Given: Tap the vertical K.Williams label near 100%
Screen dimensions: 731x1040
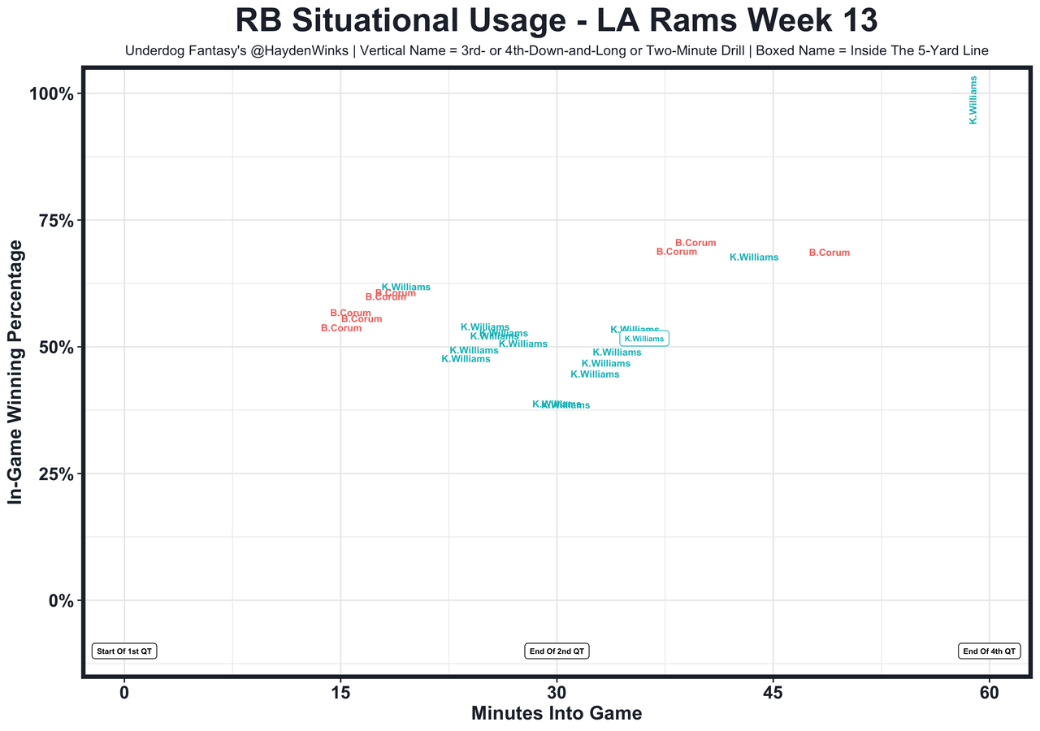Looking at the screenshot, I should pyautogui.click(x=973, y=100).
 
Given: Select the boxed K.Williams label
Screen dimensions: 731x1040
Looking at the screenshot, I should pyautogui.click(x=644, y=339).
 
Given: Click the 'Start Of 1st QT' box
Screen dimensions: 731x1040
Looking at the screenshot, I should pyautogui.click(x=124, y=651).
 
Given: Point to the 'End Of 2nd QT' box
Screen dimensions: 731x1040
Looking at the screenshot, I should pyautogui.click(x=557, y=651).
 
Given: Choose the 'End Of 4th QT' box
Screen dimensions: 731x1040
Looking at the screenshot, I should pyautogui.click(x=989, y=651).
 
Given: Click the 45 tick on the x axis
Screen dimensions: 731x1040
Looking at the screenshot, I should pyautogui.click(x=773, y=692).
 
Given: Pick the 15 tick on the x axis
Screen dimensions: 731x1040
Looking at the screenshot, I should pyautogui.click(x=340, y=692).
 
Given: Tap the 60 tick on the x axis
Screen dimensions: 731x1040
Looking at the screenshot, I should pyautogui.click(x=989, y=692).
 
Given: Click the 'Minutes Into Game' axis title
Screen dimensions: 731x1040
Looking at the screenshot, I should pyautogui.click(x=557, y=714).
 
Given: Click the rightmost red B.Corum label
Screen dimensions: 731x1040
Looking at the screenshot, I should pyautogui.click(x=830, y=253).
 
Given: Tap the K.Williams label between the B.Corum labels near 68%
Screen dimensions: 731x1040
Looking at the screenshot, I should pyautogui.click(x=754, y=257).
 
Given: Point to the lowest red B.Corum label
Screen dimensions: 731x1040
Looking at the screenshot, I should pyautogui.click(x=341, y=328).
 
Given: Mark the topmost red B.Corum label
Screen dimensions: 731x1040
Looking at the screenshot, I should pyautogui.click(x=695, y=243).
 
